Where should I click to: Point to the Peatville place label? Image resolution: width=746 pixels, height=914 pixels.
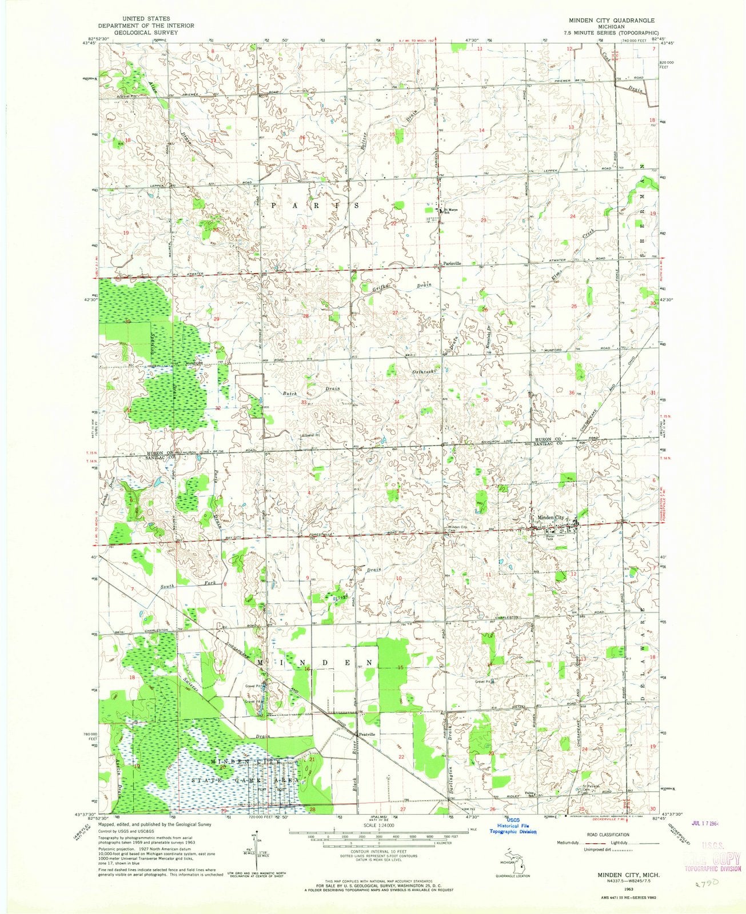[x=366, y=733]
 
